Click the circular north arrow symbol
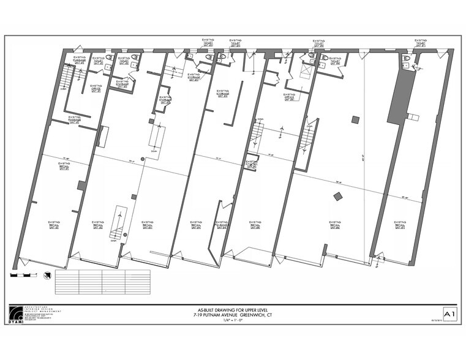[x=46, y=275]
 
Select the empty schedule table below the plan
[x=102, y=282]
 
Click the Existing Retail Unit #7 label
[x=400, y=225]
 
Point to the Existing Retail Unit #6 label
[x=335, y=225]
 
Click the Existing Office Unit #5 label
[x=290, y=97]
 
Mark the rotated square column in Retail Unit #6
[x=337, y=196]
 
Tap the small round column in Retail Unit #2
[x=143, y=159]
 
